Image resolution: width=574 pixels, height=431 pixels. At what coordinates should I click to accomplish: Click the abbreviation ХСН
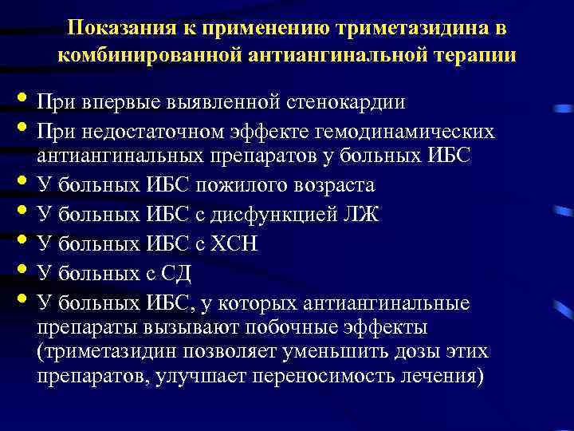234,243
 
